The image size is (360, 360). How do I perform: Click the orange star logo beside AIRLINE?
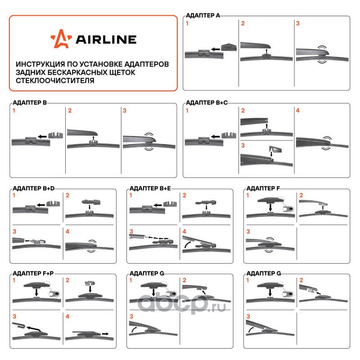(61, 39)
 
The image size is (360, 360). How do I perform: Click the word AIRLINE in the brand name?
(106, 40)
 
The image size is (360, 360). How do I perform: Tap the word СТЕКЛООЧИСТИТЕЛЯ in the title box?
(55, 81)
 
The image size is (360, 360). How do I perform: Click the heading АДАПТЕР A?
(203, 15)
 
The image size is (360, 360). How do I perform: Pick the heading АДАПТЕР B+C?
(207, 103)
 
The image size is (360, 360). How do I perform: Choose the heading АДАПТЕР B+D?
(33, 189)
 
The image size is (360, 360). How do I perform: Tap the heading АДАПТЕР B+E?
(150, 189)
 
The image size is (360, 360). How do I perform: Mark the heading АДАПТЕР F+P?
(33, 274)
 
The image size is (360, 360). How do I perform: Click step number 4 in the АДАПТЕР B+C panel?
(298, 111)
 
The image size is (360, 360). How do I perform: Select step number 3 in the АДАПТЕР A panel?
(298, 23)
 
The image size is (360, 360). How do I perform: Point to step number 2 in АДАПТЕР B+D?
(67, 195)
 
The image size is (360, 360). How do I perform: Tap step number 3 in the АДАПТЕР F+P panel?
(14, 317)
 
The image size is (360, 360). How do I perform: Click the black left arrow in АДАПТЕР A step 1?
(216, 49)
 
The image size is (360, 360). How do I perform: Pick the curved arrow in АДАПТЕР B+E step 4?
(188, 244)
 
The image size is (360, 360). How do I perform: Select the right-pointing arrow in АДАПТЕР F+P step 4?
(105, 333)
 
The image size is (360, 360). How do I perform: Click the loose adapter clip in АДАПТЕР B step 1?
(55, 135)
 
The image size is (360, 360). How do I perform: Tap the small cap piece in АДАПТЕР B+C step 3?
(275, 149)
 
